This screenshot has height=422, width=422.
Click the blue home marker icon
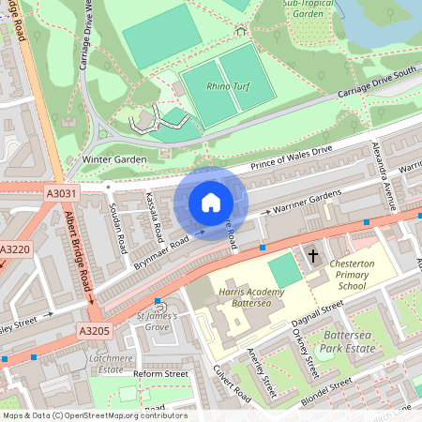point(211,203)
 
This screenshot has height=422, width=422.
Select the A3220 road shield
point(13,250)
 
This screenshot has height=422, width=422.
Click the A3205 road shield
point(95,331)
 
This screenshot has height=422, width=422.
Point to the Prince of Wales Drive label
point(291,158)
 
